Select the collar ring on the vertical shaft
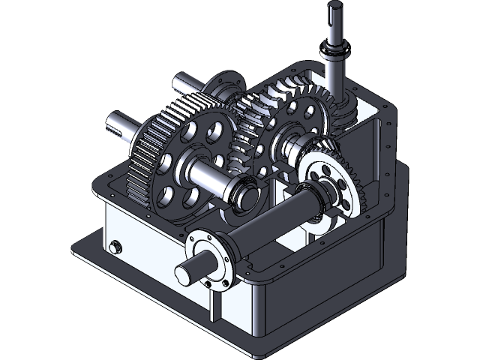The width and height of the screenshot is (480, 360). [x=334, y=53]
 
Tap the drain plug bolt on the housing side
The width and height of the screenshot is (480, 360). [x=115, y=247]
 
